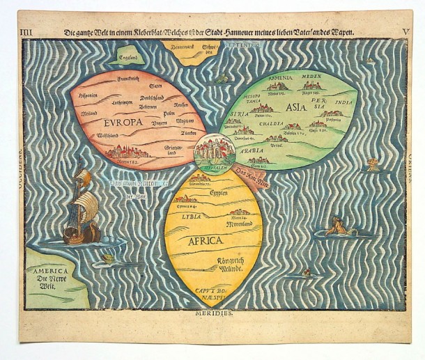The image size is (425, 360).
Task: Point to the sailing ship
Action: [x=80, y=209]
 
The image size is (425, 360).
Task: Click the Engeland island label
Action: [x=131, y=59]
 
